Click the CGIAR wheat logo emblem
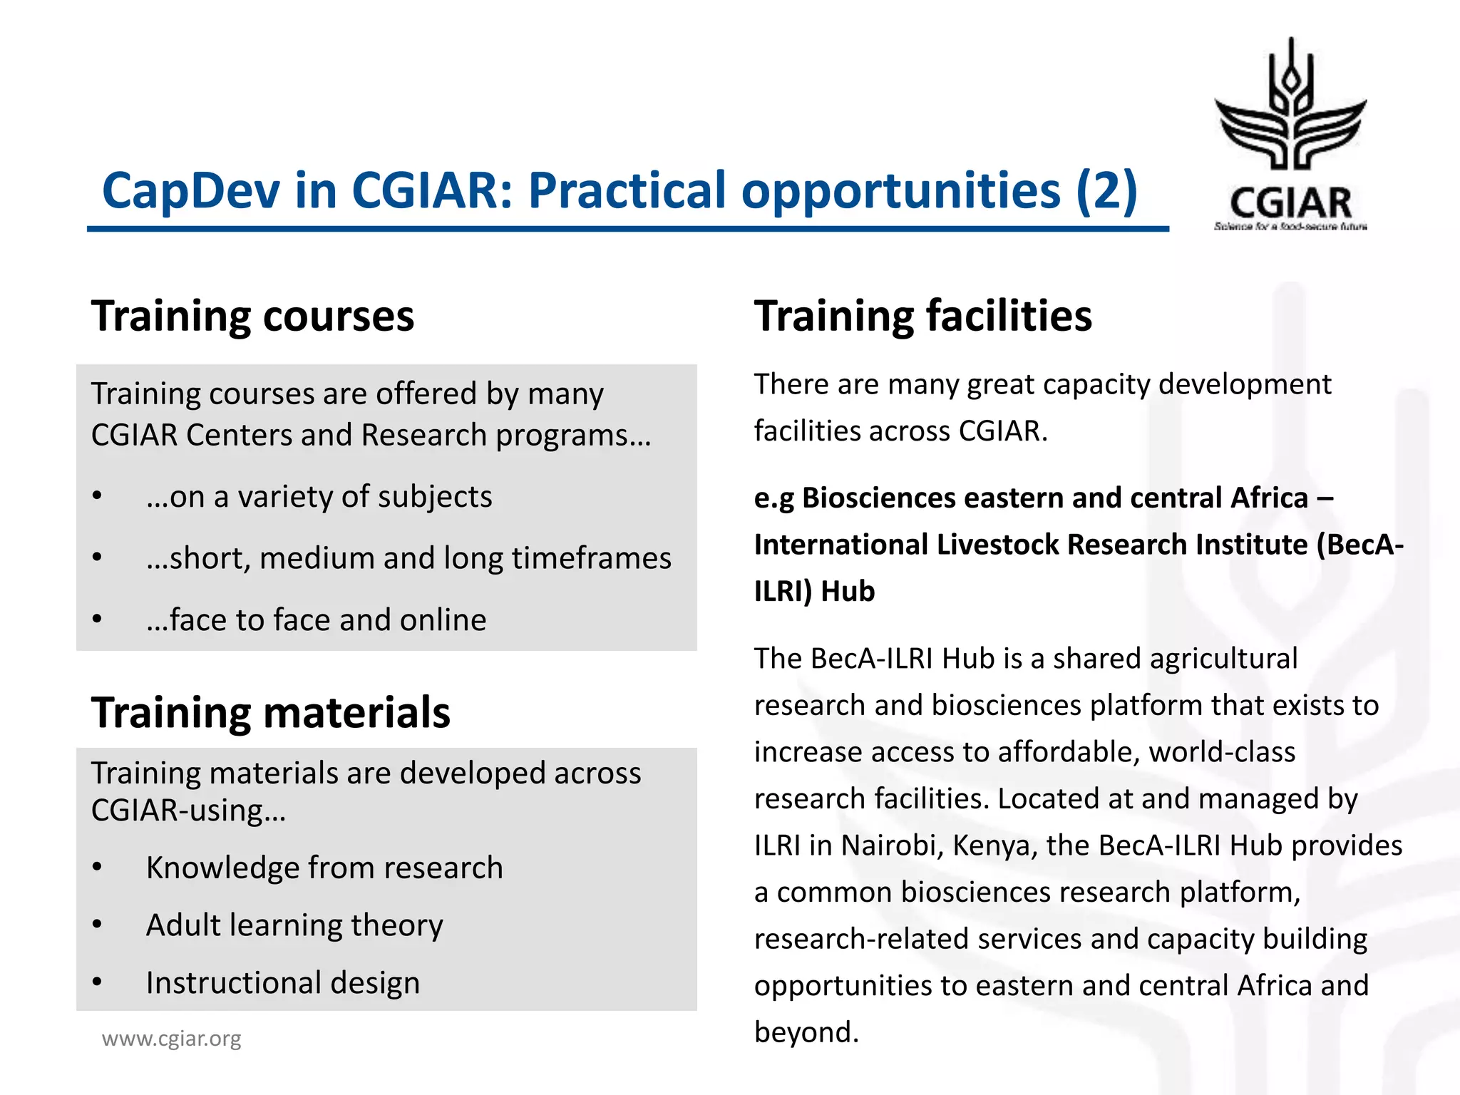coord(1290,107)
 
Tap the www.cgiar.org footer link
coord(171,1039)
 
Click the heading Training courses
coord(252,316)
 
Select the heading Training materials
coord(270,712)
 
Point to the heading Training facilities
coord(922,316)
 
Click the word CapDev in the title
coord(191,191)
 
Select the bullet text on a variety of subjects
coord(319,497)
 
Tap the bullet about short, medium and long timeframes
coord(408,558)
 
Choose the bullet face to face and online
coord(316,620)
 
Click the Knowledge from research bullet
coord(324,868)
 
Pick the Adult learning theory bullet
coord(294,925)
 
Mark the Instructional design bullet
coord(282,983)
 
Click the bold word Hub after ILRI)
coord(847,592)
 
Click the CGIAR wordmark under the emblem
coord(1290,204)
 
